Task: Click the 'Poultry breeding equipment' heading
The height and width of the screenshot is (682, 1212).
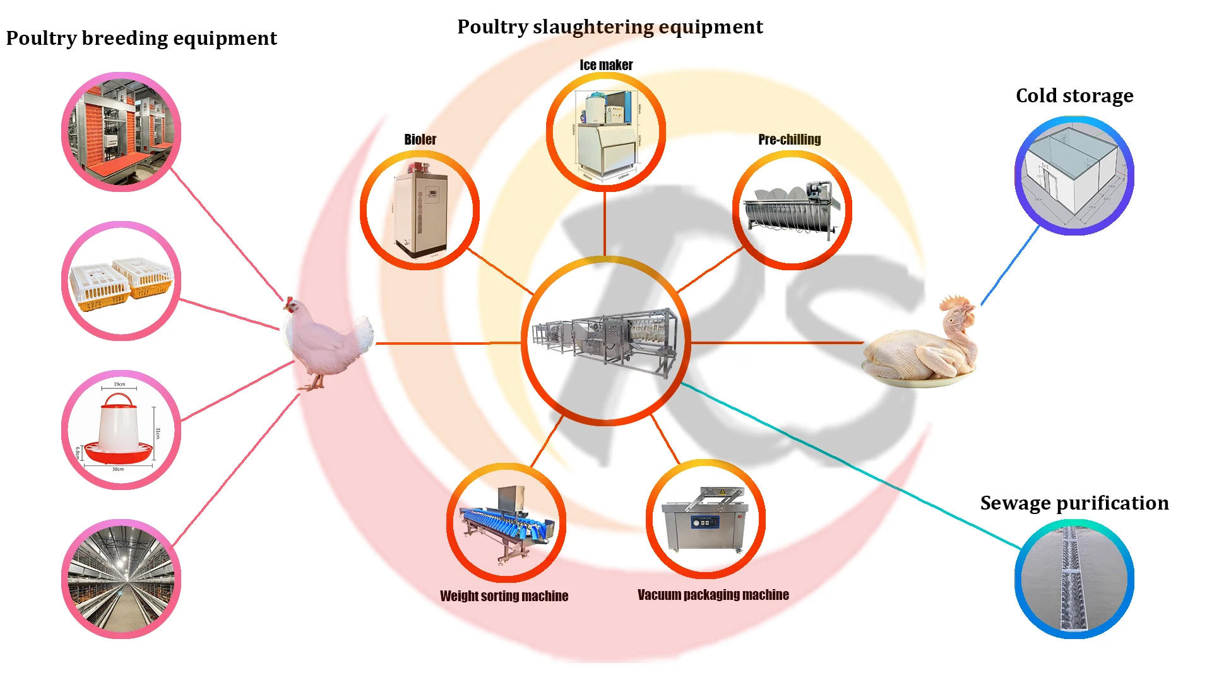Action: click(141, 39)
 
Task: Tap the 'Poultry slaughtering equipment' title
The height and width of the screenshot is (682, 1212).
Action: click(610, 27)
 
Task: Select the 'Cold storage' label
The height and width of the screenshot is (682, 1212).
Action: click(1074, 96)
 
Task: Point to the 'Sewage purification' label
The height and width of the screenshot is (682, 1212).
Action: click(1074, 503)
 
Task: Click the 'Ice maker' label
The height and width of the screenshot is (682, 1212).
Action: click(606, 65)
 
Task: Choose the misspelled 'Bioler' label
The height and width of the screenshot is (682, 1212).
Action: click(420, 140)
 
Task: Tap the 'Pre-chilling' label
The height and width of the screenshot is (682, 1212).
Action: click(789, 140)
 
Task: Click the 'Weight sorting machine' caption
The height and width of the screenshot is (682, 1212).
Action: click(504, 596)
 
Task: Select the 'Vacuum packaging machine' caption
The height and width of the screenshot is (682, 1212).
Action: click(713, 595)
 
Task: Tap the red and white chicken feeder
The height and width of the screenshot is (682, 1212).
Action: click(119, 429)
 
